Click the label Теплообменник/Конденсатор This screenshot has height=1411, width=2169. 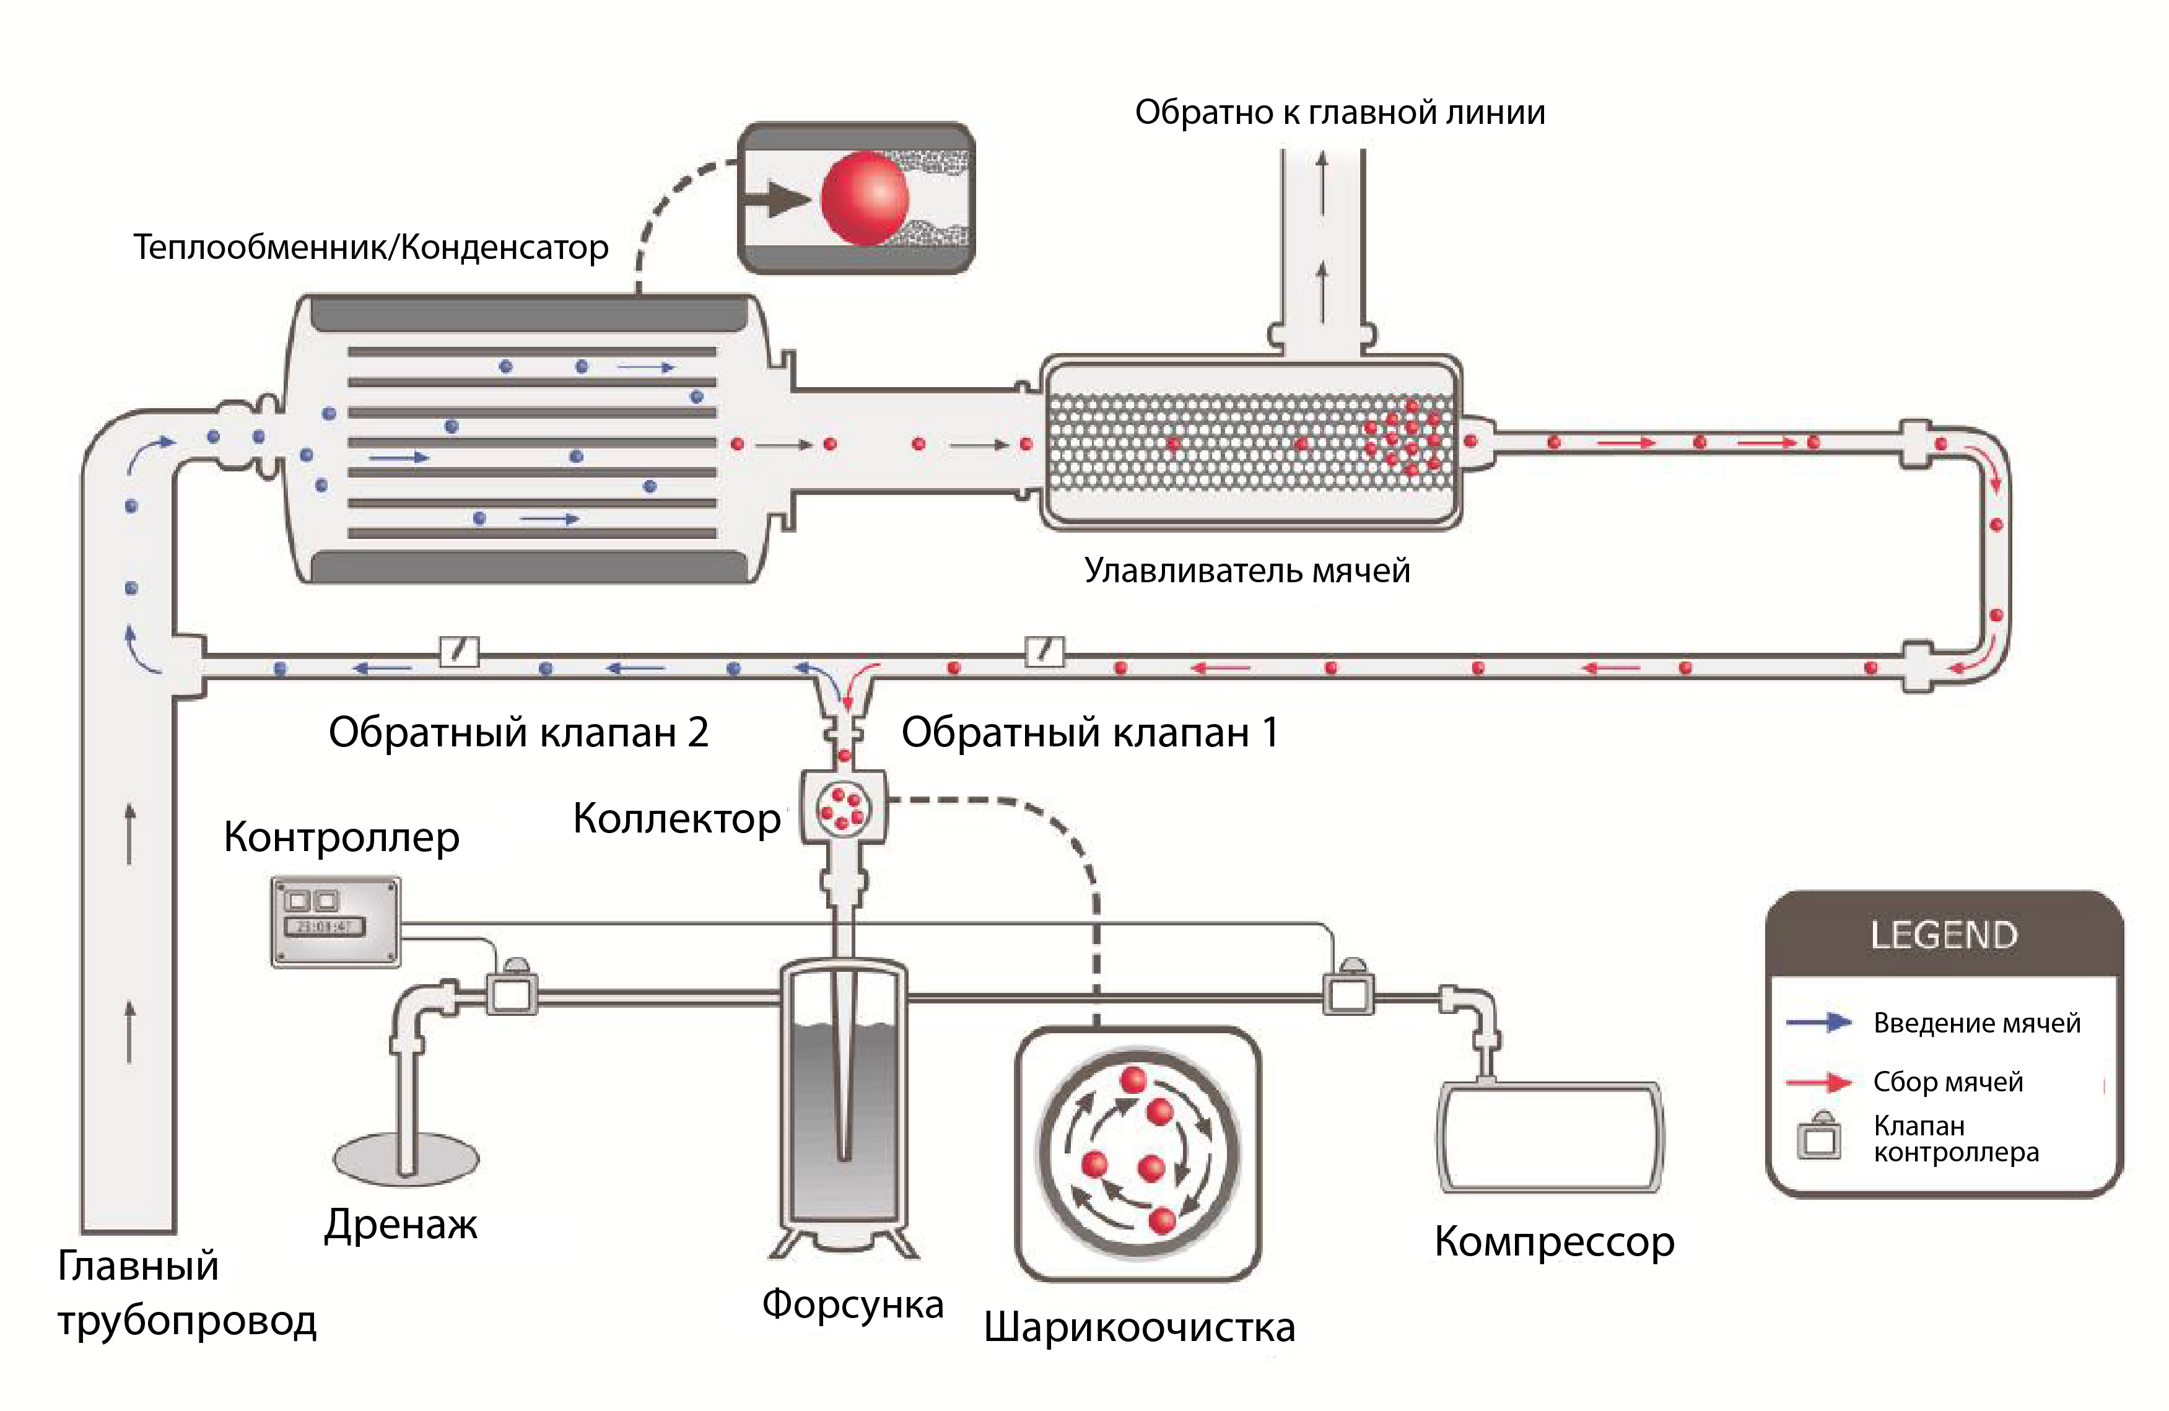(x=371, y=247)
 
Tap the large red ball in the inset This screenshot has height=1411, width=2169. (x=864, y=198)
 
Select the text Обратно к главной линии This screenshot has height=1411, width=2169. (x=1339, y=113)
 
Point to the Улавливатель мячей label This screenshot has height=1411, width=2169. (x=1247, y=570)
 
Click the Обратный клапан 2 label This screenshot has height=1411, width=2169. (x=518, y=732)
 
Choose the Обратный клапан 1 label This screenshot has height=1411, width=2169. (x=1090, y=732)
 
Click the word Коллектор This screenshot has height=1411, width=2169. (x=676, y=818)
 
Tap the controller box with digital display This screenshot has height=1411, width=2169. (x=335, y=920)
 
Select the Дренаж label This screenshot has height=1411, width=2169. (x=401, y=1224)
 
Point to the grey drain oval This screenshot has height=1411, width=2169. (x=406, y=1158)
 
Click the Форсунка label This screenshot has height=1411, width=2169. (x=852, y=1303)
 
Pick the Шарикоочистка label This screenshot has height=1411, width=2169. (x=1139, y=1327)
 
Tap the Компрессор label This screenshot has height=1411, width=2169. (x=1554, y=1241)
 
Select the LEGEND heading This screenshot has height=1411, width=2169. (x=1944, y=935)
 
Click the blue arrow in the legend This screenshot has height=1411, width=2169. (x=1819, y=1023)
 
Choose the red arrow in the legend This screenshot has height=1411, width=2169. (x=1819, y=1083)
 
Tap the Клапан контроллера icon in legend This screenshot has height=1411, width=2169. (x=1819, y=1137)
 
